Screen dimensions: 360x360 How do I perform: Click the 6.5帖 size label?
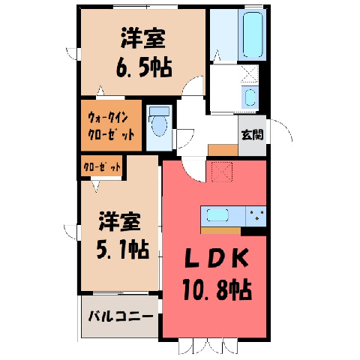point(144,67)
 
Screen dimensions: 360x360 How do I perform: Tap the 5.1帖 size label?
point(123,249)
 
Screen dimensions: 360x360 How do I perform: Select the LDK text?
point(217,258)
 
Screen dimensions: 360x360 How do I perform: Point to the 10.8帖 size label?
point(217,289)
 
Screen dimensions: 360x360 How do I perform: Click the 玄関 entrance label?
point(252,135)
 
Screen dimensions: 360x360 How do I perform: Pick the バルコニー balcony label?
point(121,316)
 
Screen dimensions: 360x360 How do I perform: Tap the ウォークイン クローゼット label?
point(111,126)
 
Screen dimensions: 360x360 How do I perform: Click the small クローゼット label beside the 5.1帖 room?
point(102,166)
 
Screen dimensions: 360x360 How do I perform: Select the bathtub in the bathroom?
point(253,34)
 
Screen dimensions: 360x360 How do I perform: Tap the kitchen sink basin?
point(217,215)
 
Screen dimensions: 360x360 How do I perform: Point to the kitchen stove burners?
point(256,215)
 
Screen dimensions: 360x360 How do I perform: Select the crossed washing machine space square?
point(250,73)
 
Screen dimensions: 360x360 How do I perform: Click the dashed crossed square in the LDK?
point(222,172)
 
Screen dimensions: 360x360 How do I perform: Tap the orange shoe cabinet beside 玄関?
point(223,150)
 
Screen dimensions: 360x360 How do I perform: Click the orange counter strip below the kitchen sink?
point(220,230)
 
